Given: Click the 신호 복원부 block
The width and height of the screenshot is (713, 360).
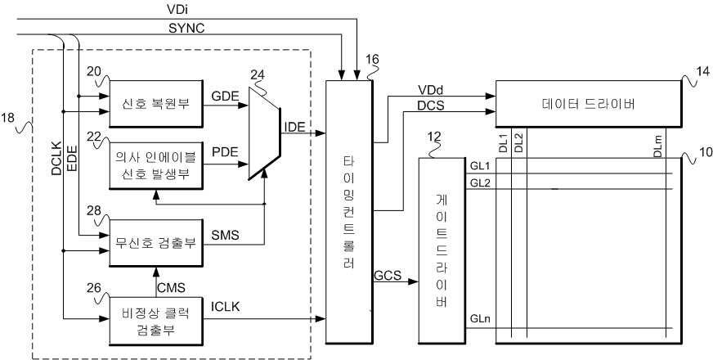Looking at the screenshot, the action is (156, 104).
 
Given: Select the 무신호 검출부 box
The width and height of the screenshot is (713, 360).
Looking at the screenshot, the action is (156, 243).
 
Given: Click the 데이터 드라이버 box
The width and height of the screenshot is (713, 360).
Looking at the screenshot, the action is (589, 104).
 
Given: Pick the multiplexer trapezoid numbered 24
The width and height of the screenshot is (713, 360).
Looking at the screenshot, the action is (264, 133).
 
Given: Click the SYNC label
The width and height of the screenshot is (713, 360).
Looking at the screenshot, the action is (186, 28).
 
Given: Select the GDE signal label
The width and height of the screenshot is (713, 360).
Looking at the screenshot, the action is (225, 97).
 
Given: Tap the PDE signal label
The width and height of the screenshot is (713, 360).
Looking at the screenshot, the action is (225, 152).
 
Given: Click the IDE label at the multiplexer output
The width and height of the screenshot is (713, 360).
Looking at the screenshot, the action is (294, 127).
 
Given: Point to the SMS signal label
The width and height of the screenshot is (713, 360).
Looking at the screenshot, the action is (225, 236).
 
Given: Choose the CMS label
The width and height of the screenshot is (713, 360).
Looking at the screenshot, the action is (172, 288).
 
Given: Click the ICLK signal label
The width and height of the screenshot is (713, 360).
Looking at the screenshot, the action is (225, 307).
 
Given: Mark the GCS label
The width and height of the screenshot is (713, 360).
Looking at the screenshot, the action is (388, 276).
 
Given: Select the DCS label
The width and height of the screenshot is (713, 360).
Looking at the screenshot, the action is (431, 105).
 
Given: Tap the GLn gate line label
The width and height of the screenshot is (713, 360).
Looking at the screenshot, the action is (480, 318).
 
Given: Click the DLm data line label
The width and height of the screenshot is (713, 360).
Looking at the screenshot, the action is (658, 146).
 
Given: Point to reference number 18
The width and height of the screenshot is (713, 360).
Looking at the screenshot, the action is (7, 118).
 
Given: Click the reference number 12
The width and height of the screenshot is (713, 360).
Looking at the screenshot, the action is (435, 136).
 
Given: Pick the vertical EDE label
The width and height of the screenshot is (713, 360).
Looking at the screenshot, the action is (72, 159).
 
